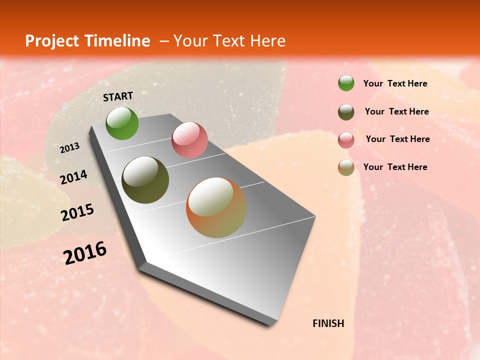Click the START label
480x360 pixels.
click(118, 96)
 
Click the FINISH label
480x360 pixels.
click(328, 323)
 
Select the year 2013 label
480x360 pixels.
click(69, 148)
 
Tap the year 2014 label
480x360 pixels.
click(74, 177)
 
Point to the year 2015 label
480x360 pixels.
click(77, 212)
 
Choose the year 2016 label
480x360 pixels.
click(85, 252)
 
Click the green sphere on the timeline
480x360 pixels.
click(122, 123)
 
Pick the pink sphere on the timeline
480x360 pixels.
click(189, 140)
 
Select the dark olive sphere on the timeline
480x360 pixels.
click(145, 180)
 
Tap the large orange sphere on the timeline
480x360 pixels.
click(216, 207)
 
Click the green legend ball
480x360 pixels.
click(346, 83)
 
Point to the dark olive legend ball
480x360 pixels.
click(346, 112)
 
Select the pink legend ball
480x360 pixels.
click(346, 140)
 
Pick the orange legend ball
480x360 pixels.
click(346, 167)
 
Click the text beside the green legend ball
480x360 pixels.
click(395, 83)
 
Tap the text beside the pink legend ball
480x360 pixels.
click(397, 139)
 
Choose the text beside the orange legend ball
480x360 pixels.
click(395, 167)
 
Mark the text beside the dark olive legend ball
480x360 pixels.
click(396, 111)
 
